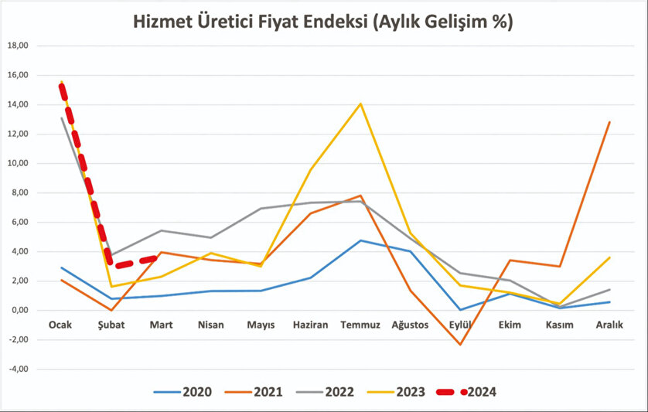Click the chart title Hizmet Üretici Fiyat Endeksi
(323, 22)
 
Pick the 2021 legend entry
(268, 392)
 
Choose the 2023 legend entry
(409, 392)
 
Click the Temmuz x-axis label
(360, 325)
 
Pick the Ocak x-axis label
(60, 325)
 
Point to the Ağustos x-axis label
(410, 325)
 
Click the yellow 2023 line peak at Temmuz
(360, 104)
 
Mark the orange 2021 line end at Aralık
(610, 122)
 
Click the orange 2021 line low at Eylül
(460, 344)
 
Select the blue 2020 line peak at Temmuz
(360, 240)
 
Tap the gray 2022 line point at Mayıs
(260, 209)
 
